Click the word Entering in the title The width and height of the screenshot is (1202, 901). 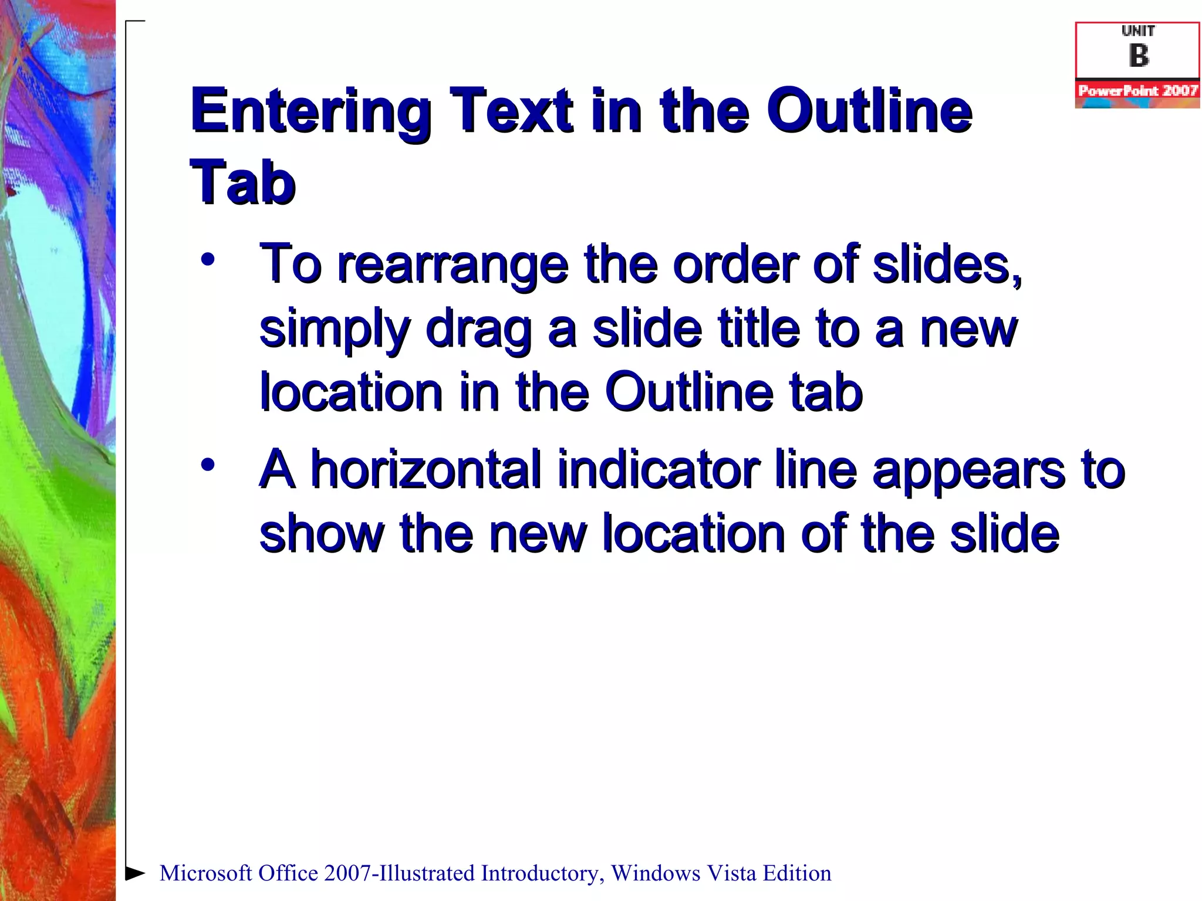point(311,111)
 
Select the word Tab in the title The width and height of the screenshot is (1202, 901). point(242,183)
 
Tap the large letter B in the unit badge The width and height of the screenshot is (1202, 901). point(1138,56)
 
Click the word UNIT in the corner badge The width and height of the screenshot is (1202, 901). point(1138,31)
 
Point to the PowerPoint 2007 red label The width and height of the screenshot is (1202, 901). point(1137,91)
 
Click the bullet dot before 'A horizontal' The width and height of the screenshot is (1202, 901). point(207,465)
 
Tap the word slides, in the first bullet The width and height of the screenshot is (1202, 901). point(947,265)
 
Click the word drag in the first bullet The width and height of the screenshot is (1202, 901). point(478,330)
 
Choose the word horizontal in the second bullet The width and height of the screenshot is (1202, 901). point(426,469)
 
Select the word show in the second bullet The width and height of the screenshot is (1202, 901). point(322,534)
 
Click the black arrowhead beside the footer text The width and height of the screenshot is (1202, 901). point(135,873)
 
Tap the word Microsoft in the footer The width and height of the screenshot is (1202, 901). point(206,873)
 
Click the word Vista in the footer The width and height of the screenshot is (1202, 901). point(730,873)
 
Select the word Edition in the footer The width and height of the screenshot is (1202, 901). point(797,873)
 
